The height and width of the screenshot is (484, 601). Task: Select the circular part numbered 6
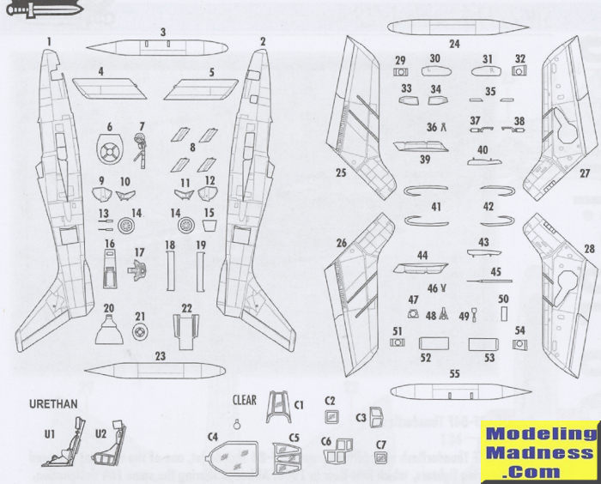(110, 154)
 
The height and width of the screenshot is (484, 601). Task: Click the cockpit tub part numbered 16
(110, 271)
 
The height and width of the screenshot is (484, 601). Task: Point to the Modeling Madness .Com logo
(539, 451)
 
